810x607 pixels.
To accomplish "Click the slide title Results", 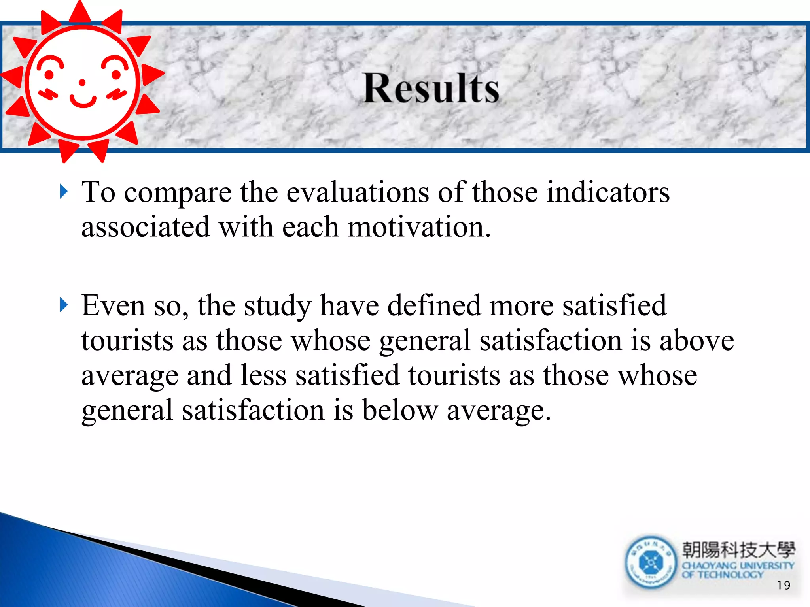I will pyautogui.click(x=431, y=88).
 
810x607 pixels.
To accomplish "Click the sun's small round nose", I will pyautogui.click(x=82, y=83).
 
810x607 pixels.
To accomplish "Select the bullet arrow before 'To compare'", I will pyautogui.click(x=64, y=192).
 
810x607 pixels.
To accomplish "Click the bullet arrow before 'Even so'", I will pyautogui.click(x=64, y=305).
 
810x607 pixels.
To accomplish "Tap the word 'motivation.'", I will pyautogui.click(x=419, y=227).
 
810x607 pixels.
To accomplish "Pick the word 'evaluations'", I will pyautogui.click(x=358, y=192).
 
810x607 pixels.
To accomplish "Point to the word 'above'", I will pyautogui.click(x=696, y=340).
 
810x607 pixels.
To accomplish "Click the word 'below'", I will pyautogui.click(x=400, y=410).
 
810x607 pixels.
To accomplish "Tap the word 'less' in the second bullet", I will pyautogui.click(x=263, y=375).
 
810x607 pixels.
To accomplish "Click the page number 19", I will pyautogui.click(x=783, y=585).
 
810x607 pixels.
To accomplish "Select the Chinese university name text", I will pyautogui.click(x=738, y=550).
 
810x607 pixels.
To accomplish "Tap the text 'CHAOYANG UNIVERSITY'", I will pyautogui.click(x=738, y=566).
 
